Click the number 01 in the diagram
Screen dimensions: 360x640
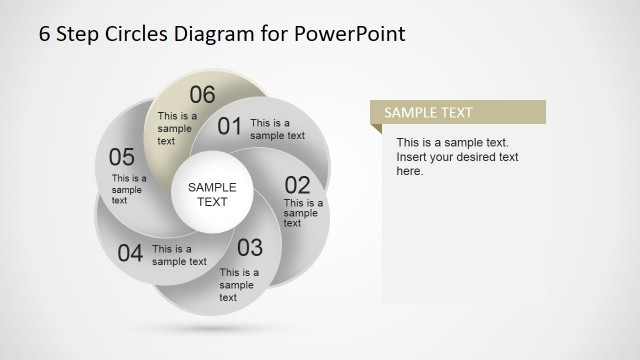point(230,126)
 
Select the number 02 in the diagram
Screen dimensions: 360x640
point(298,185)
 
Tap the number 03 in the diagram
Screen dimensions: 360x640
point(249,247)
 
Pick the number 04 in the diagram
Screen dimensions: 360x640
point(130,253)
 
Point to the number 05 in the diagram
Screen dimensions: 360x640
point(122,157)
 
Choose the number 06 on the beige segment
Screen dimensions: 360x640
point(202,95)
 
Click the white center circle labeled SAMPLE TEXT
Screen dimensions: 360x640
point(212,194)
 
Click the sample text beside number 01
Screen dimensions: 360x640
point(277,130)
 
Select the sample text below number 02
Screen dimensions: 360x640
point(302,212)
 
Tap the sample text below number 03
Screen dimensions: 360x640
point(239,284)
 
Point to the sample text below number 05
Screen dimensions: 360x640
point(129,189)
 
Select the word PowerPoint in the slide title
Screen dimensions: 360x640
point(350,33)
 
